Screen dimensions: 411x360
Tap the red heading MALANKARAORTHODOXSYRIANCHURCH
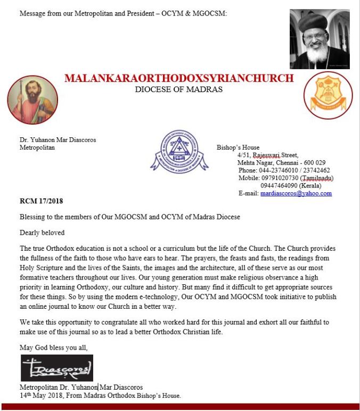click(179, 78)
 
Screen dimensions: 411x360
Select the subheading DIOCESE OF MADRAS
click(179, 89)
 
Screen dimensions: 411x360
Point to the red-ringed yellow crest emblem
click(328, 95)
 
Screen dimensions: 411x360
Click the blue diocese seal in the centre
click(179, 151)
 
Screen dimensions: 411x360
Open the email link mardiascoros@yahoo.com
click(296, 194)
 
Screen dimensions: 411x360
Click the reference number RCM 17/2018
click(41, 202)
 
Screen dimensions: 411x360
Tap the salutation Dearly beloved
click(42, 233)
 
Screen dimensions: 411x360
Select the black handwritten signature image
click(57, 368)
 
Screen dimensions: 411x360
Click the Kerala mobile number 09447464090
click(280, 186)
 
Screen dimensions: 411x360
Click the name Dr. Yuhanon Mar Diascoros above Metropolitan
click(58, 140)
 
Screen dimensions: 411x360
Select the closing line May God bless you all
click(54, 348)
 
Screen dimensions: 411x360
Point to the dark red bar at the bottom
click(180, 407)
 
